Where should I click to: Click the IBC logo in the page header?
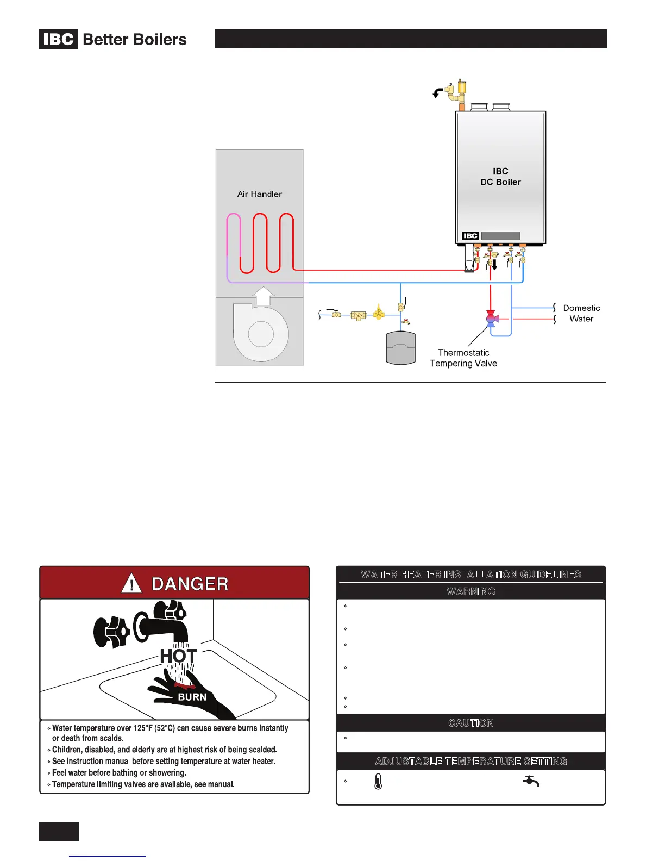(x=59, y=40)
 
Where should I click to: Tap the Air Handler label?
(x=259, y=194)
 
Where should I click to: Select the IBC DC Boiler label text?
(x=500, y=177)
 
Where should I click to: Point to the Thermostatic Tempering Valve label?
(x=463, y=358)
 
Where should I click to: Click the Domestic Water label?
(x=581, y=314)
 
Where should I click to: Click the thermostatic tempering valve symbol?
(x=492, y=319)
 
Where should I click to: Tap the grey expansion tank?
(x=400, y=348)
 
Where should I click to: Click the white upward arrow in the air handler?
(x=264, y=296)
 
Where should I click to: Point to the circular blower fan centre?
(x=261, y=334)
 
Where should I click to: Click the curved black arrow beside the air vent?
(x=437, y=93)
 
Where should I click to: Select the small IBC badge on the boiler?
(x=470, y=236)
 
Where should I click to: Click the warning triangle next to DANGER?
(x=131, y=584)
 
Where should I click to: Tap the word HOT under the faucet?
(x=178, y=656)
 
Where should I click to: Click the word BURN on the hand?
(x=192, y=697)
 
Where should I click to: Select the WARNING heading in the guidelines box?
(x=470, y=591)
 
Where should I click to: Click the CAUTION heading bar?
(x=470, y=723)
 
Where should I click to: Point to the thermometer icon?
(x=378, y=782)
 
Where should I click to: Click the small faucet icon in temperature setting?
(x=531, y=781)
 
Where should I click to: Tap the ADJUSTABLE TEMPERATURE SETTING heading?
(x=470, y=762)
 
